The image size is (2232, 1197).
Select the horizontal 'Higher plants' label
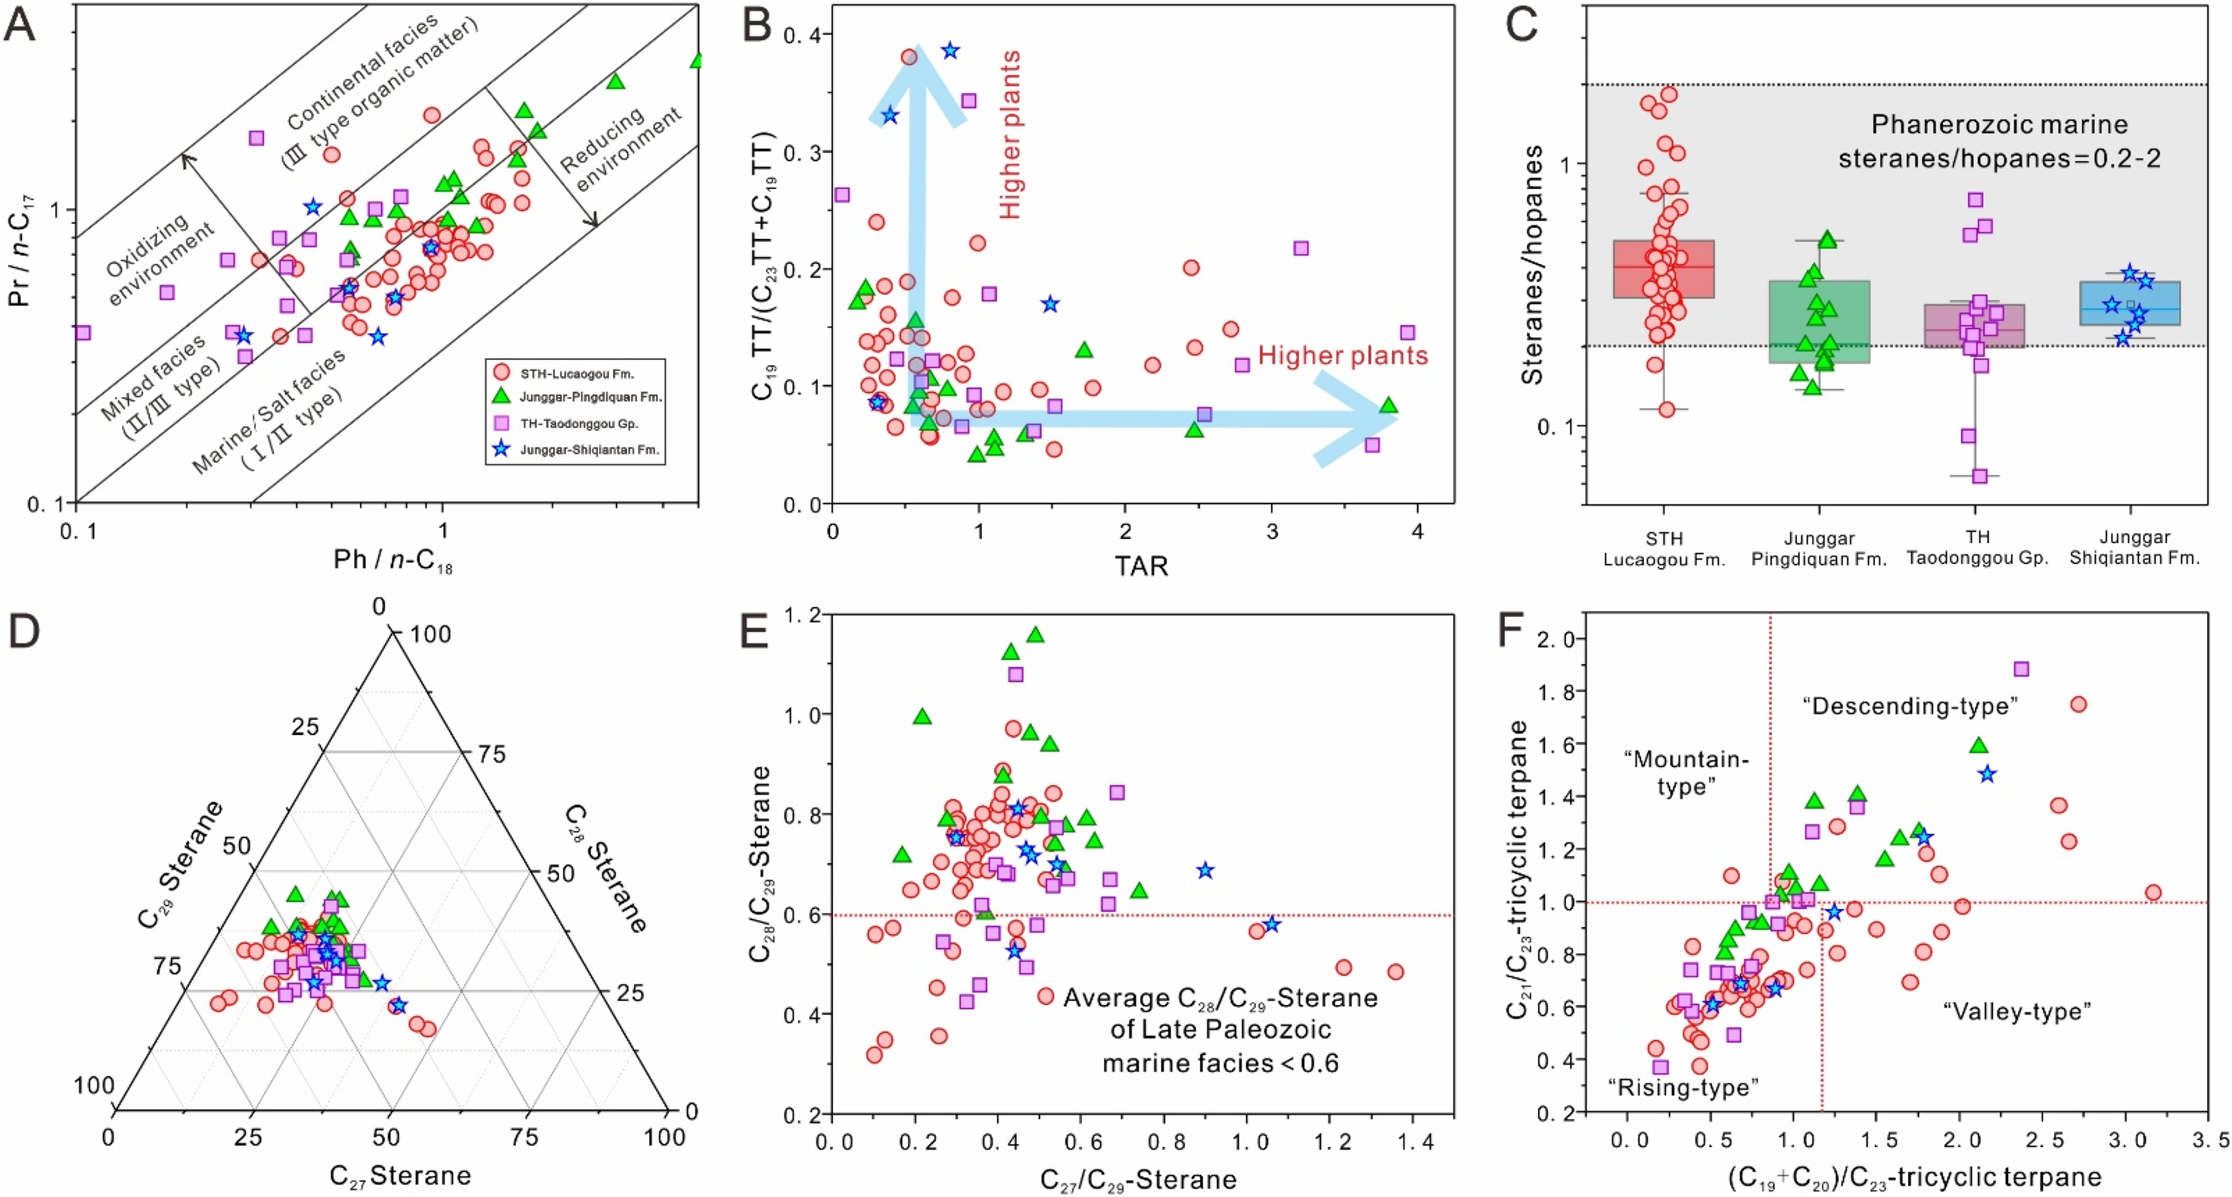click(x=1342, y=355)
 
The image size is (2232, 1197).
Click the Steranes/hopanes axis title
click(x=1533, y=264)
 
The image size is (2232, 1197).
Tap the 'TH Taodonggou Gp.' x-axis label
click(x=1976, y=548)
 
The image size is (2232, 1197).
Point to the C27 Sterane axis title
click(x=399, y=1175)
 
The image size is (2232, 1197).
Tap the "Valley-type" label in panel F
click(x=2017, y=1011)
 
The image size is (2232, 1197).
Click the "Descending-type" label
click(x=1910, y=706)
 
